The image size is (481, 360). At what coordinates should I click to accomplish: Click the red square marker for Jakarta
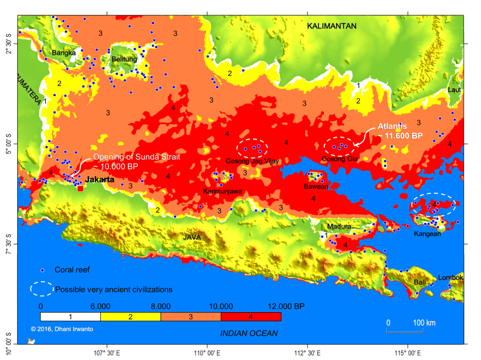(80, 188)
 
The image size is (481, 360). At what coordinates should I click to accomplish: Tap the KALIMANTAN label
(332, 26)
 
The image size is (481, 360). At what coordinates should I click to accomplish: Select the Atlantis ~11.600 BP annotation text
(400, 131)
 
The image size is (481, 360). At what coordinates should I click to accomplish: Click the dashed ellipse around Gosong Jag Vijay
(252, 148)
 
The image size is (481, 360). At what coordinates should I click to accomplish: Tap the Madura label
(339, 227)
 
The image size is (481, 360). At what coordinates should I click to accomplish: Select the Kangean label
(427, 234)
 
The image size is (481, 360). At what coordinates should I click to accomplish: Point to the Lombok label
(450, 277)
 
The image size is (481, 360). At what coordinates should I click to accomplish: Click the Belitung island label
(124, 59)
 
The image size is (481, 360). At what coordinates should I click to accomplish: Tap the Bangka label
(63, 53)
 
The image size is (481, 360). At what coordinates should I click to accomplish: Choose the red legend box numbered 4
(251, 317)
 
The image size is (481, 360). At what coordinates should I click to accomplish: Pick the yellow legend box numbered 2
(131, 317)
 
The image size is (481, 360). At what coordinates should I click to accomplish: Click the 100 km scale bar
(405, 331)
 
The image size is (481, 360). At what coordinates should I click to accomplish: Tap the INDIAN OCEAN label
(249, 333)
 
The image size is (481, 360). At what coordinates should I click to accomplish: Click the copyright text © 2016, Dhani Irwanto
(62, 329)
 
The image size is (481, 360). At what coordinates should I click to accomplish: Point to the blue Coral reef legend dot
(42, 270)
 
